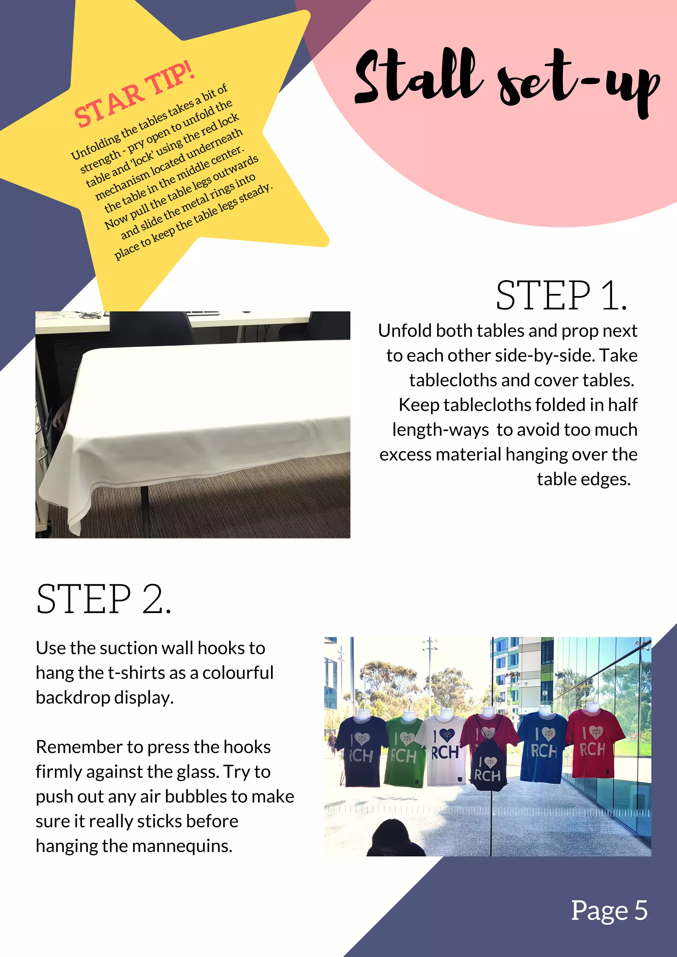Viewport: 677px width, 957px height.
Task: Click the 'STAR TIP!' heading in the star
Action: click(134, 95)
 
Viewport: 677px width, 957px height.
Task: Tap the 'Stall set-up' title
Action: click(506, 79)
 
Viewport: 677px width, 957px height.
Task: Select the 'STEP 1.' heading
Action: click(561, 296)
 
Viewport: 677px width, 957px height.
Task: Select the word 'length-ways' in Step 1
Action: click(440, 430)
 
